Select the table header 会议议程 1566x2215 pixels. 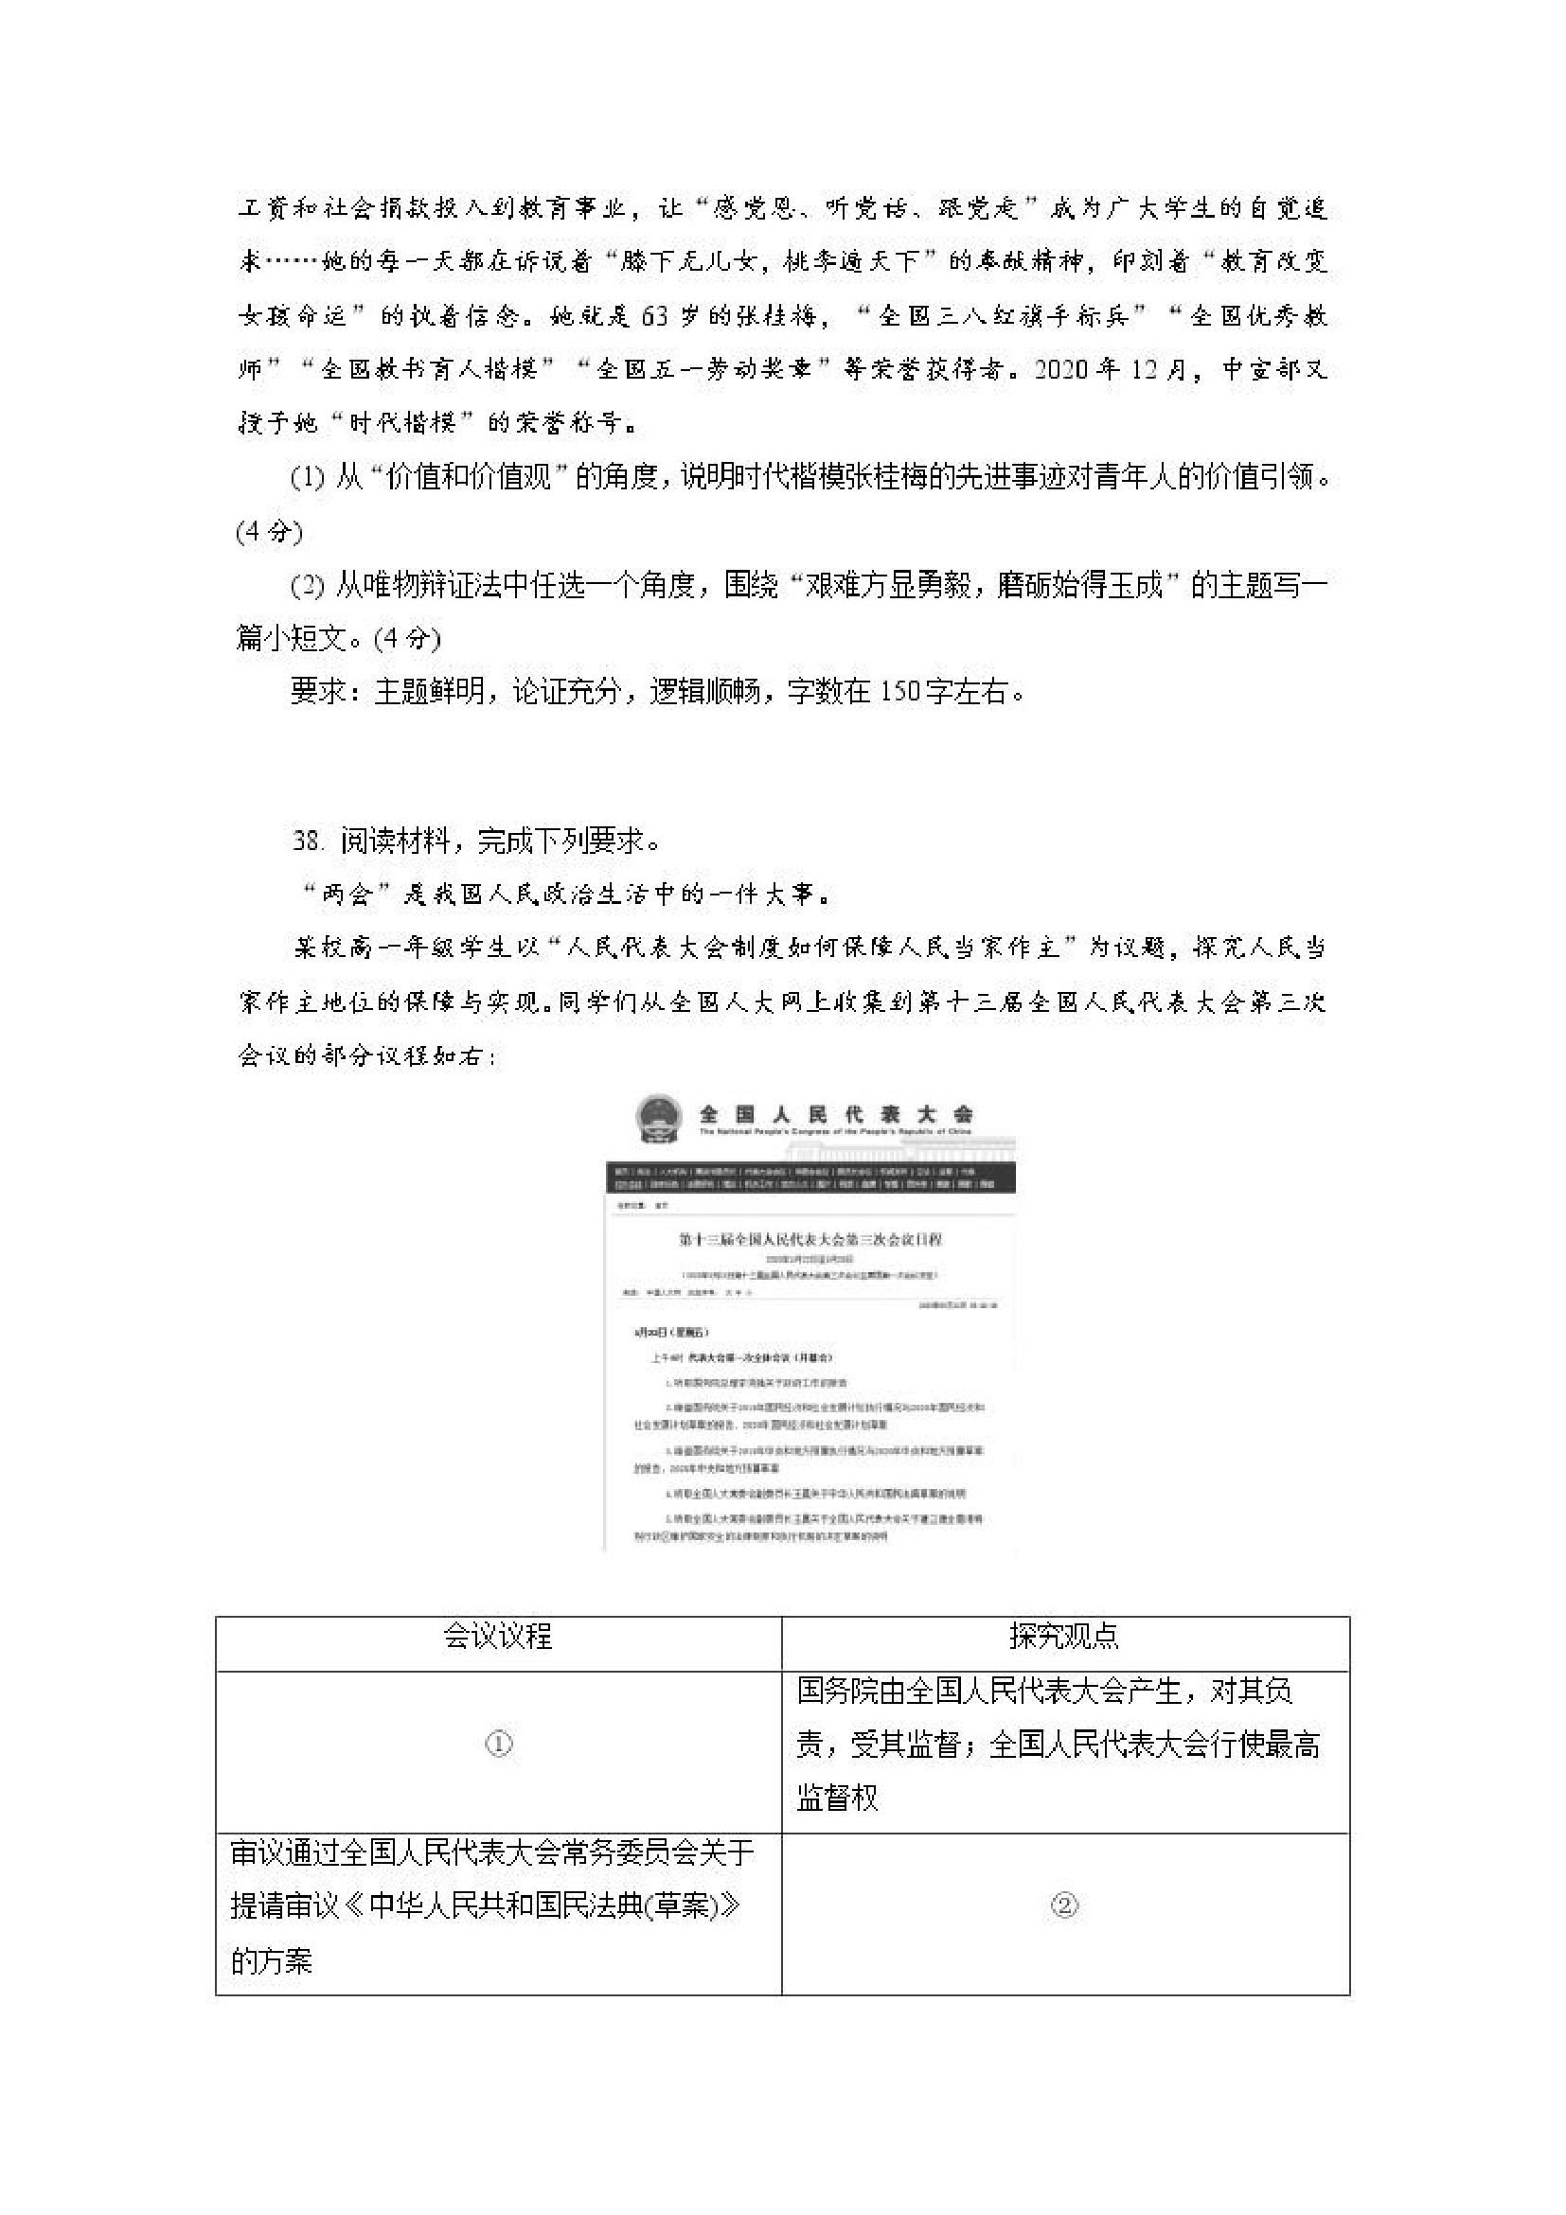tap(497, 1635)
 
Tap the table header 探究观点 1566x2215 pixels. tap(1064, 1635)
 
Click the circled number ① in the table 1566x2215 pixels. tap(498, 1744)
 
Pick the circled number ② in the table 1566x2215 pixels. tap(1064, 1905)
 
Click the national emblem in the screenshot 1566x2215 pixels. tap(655, 1119)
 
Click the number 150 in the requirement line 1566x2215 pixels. tap(902, 691)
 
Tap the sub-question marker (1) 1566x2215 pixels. tap(308, 476)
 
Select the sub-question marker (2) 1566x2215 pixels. tap(308, 585)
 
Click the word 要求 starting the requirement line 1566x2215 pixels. tap(317, 691)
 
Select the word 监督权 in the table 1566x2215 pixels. tap(838, 1798)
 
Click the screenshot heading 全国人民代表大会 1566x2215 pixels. tap(836, 1114)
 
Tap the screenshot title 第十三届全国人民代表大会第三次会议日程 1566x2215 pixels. tap(810, 1238)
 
